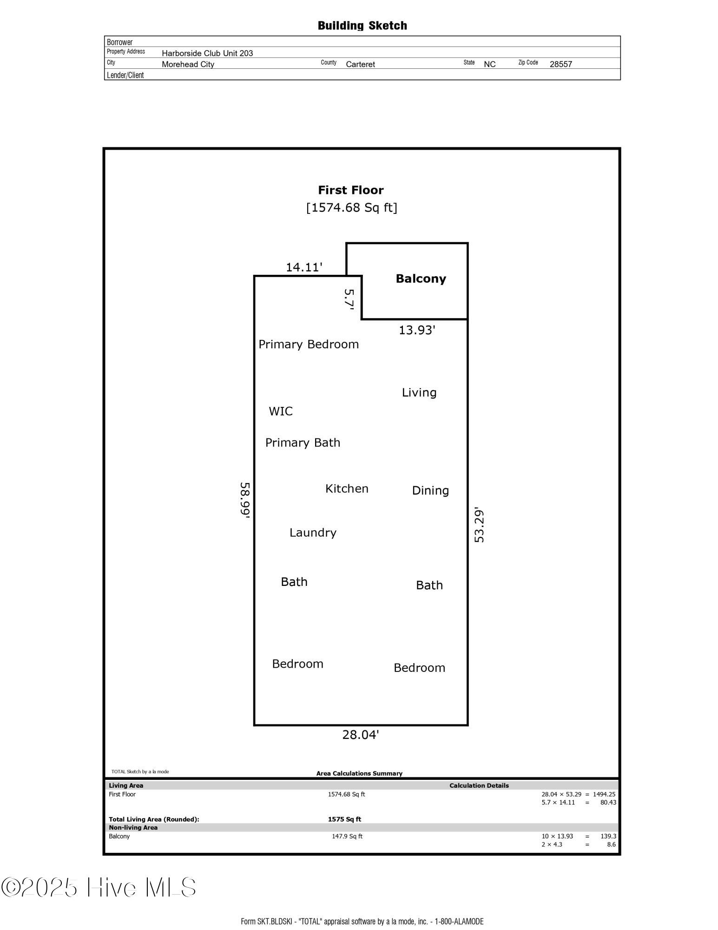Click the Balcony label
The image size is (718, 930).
[x=421, y=279]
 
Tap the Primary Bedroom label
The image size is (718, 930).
[x=309, y=345]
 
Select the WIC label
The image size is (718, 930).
[x=281, y=411]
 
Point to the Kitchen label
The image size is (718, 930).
[x=347, y=489]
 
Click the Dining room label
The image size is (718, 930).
[x=430, y=491]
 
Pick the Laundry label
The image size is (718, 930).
[x=313, y=532]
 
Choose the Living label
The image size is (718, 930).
[x=419, y=392]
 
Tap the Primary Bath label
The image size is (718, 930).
[x=303, y=443]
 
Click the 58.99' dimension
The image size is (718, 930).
[x=245, y=500]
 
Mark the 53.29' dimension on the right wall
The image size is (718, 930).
[x=479, y=525]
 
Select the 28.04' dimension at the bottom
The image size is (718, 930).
[x=361, y=735]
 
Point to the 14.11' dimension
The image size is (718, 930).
[x=304, y=267]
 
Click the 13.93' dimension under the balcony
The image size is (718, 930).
[x=417, y=330]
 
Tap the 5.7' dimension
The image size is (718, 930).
[x=349, y=299]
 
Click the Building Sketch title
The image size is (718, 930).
[x=362, y=26]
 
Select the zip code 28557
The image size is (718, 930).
[x=560, y=64]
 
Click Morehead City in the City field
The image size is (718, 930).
[x=188, y=64]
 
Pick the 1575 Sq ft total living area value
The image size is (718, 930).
[x=344, y=819]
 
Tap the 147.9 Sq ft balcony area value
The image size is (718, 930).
[x=347, y=836]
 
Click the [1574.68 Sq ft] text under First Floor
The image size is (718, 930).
[x=351, y=207]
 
